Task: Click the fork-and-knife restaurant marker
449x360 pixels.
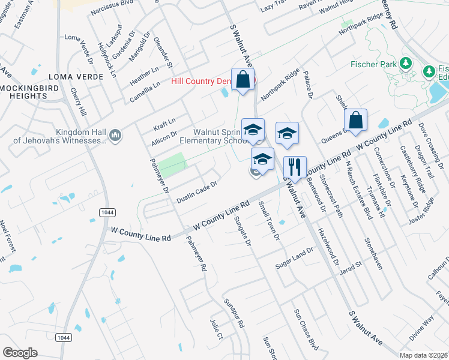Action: click(295, 167)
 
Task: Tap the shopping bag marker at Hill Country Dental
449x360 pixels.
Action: click(243, 79)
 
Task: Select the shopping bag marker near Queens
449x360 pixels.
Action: click(357, 119)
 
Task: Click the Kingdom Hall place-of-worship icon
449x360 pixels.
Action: click(116, 136)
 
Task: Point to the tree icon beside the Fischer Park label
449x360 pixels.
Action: click(406, 63)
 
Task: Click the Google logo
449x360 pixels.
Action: click(19, 353)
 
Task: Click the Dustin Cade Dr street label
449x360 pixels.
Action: click(196, 192)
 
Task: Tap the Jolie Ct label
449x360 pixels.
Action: click(217, 329)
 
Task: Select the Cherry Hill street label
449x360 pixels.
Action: click(79, 103)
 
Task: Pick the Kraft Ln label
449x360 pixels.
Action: click(164, 121)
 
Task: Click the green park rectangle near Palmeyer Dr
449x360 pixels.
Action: click(172, 164)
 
